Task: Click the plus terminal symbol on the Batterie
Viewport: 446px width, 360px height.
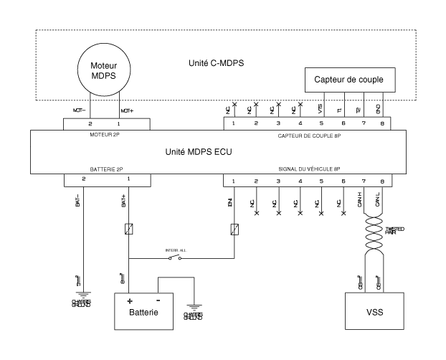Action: [131, 301]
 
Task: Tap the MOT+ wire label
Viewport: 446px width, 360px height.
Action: [126, 112]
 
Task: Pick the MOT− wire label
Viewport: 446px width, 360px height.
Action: [80, 112]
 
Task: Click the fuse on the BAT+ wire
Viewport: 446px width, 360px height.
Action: [128, 230]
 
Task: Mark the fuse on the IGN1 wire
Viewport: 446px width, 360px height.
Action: [234, 230]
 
